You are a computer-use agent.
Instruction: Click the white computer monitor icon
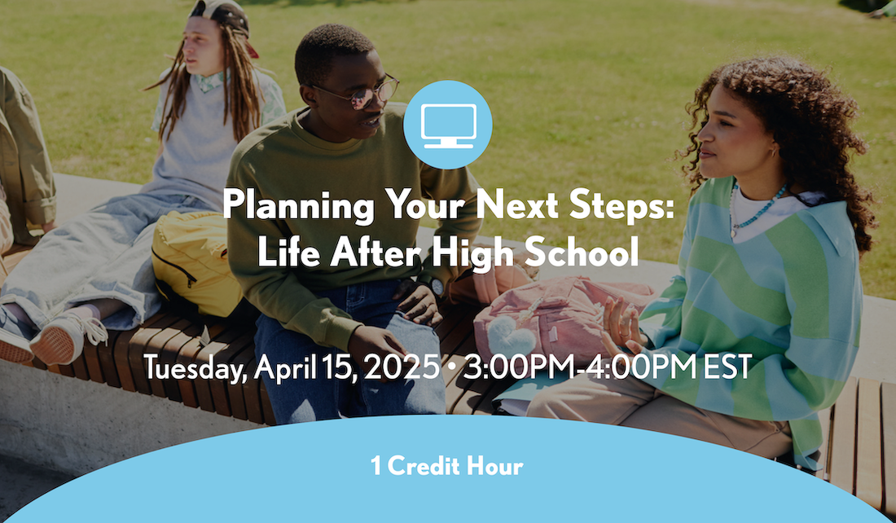pyautogui.click(x=448, y=125)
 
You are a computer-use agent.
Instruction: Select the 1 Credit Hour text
pyautogui.click(x=446, y=467)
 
